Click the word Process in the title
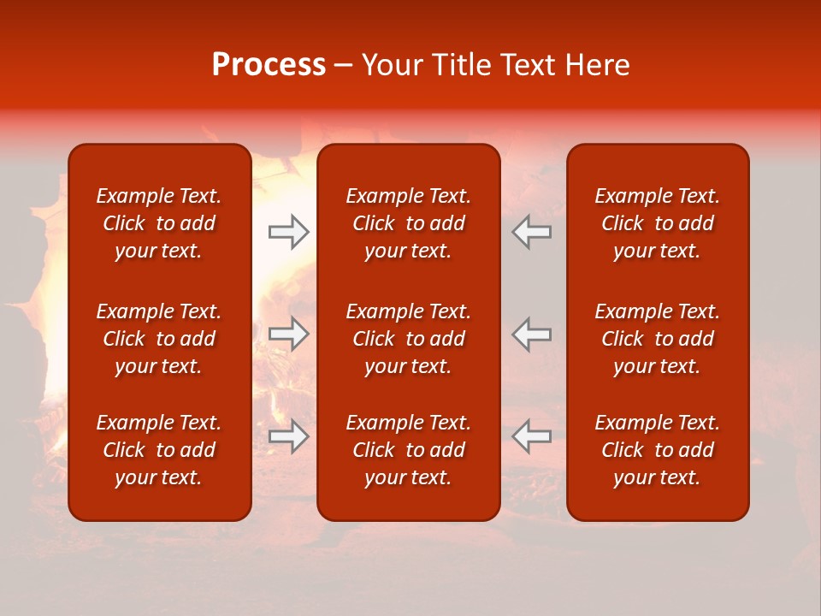point(269,65)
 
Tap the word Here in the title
point(597,65)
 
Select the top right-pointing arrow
point(288,232)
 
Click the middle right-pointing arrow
point(288,334)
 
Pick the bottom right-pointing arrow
point(288,436)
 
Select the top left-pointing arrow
point(532,232)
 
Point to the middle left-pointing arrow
point(532,334)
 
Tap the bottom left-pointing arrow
point(532,436)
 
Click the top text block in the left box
point(159,223)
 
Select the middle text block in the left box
point(159,339)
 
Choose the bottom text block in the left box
point(159,450)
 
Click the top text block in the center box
point(408,223)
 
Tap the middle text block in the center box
point(408,339)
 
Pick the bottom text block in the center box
point(408,450)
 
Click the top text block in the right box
point(657,223)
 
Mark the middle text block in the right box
point(657,339)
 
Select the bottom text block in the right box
point(657,450)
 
